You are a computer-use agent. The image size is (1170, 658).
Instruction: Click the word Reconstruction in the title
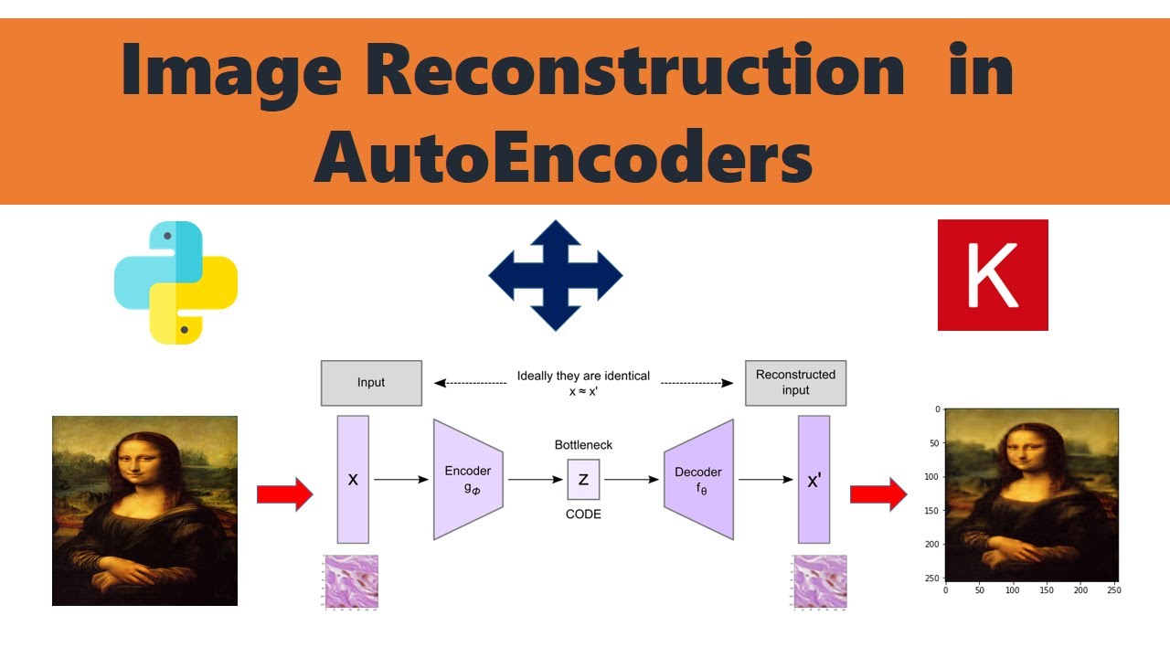[x=635, y=71]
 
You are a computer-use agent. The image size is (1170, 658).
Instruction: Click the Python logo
[x=175, y=282]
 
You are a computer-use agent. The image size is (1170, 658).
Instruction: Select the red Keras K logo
[x=993, y=275]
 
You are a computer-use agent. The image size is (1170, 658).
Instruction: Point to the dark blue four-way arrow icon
[x=556, y=275]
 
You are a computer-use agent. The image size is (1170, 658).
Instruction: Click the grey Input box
[x=371, y=383]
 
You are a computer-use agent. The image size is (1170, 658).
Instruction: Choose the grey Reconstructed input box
[x=795, y=383]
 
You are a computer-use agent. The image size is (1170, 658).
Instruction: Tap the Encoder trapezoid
[x=468, y=479]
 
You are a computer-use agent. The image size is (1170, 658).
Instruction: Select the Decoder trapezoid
[x=699, y=479]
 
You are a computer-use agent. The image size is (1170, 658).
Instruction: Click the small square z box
[x=583, y=479]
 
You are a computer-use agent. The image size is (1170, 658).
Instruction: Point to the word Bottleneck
[x=583, y=445]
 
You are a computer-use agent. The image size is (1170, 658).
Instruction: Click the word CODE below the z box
[x=583, y=515]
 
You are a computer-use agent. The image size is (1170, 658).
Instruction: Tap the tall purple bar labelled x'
[x=814, y=479]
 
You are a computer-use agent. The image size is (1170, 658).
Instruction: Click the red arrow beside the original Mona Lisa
[x=284, y=494]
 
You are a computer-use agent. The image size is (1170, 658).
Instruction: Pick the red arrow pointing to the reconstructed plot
[x=877, y=494]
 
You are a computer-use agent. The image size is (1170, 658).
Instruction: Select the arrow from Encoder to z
[x=537, y=479]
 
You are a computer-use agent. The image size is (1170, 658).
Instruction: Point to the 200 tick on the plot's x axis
[x=1081, y=590]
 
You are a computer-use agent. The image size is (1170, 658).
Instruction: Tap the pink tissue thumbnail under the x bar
[x=351, y=581]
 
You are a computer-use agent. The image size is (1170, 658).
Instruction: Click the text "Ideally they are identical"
[x=583, y=376]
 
